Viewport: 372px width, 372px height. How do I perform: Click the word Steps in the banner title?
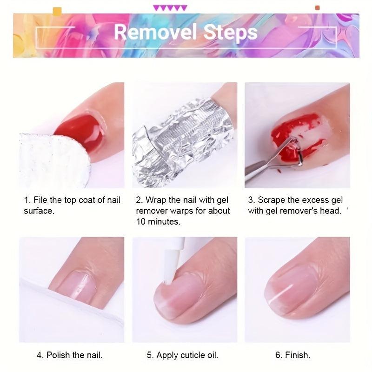click(231, 32)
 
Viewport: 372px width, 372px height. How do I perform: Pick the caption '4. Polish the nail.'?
click(70, 355)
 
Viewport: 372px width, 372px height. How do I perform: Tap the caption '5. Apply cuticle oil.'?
click(182, 355)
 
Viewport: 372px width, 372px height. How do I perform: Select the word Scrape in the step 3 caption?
click(272, 200)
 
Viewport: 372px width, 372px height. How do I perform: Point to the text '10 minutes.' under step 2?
click(158, 222)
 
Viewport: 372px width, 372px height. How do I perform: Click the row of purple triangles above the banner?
click(170, 8)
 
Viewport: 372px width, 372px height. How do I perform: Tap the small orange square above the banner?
click(318, 8)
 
